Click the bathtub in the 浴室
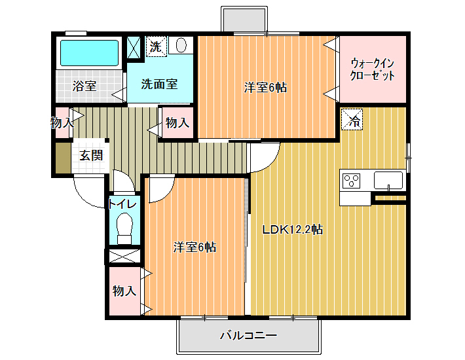(x=89, y=53)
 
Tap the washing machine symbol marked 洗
(x=156, y=46)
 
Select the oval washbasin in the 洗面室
(x=181, y=45)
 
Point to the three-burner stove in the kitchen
(x=352, y=181)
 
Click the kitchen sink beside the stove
(x=388, y=180)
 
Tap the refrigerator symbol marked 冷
(x=352, y=119)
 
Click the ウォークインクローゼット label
(x=372, y=69)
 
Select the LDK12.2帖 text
(x=292, y=229)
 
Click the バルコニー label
(x=248, y=335)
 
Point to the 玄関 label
(x=91, y=155)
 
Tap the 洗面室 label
(x=159, y=84)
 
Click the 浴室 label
(x=84, y=86)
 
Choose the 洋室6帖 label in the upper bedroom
(x=265, y=88)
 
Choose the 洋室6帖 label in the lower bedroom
(x=195, y=247)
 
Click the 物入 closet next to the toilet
(x=124, y=291)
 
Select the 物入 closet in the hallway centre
(x=177, y=122)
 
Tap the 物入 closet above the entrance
(x=63, y=122)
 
